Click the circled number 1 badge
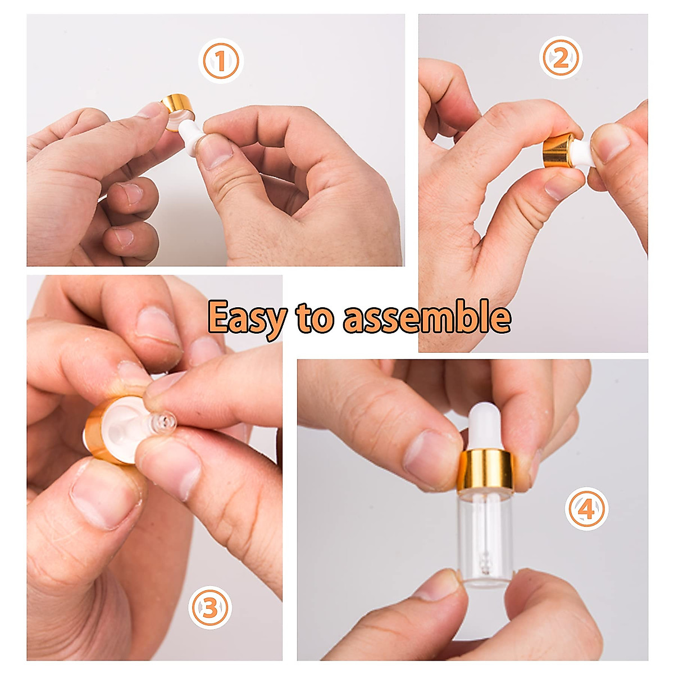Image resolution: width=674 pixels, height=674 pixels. coord(221,61)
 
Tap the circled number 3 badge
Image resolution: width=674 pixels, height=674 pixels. coord(210,607)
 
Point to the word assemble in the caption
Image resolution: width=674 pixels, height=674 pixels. coord(427,318)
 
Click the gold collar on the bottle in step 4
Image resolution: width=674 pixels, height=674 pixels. coord(486,471)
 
